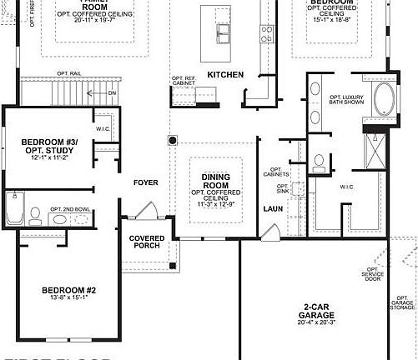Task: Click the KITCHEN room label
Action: (x=225, y=75)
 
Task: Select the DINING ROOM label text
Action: (x=215, y=182)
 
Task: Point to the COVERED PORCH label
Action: (x=146, y=242)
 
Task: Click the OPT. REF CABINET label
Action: (x=183, y=82)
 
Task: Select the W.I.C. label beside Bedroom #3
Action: (x=103, y=128)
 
